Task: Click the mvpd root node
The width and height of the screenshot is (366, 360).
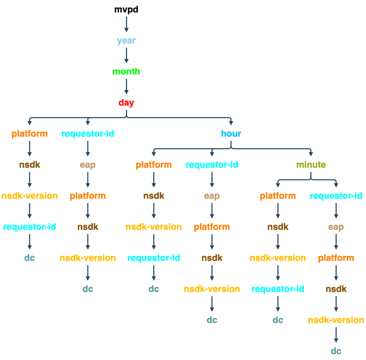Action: [126, 9]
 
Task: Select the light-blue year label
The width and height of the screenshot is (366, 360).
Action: [126, 40]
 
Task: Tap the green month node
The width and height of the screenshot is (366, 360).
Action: [126, 71]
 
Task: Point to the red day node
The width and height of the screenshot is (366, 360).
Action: [126, 103]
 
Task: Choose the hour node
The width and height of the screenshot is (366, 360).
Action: [231, 133]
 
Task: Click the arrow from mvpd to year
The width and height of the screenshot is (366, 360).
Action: [126, 24]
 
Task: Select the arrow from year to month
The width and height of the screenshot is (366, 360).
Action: [126, 56]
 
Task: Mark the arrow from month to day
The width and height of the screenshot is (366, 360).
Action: [126, 87]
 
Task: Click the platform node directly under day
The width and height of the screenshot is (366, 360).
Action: [30, 133]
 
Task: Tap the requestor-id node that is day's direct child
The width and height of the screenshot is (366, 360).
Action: [88, 133]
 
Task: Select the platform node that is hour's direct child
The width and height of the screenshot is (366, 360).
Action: [154, 165]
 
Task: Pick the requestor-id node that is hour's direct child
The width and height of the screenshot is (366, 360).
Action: [212, 165]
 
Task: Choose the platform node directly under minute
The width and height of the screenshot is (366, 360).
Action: [278, 196]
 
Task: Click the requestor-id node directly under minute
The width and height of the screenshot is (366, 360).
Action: [336, 196]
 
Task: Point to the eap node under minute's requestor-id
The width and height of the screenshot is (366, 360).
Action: [336, 227]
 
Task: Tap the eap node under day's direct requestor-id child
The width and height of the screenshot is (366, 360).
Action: [88, 165]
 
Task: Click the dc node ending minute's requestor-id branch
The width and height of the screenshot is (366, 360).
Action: [336, 351]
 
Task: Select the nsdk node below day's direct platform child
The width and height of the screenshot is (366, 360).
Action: [30, 165]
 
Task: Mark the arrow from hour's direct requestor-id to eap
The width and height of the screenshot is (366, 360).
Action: [212, 180]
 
